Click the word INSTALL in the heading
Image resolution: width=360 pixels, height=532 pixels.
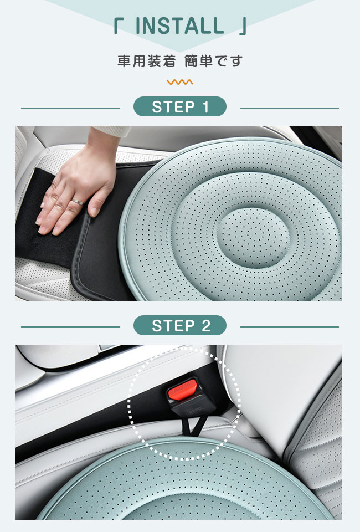(x=179, y=26)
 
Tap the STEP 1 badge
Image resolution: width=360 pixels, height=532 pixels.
(x=179, y=106)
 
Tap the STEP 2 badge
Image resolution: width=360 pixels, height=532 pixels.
(x=179, y=325)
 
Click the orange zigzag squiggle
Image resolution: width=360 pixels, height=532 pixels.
(x=179, y=82)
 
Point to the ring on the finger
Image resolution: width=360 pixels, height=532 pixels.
(x=78, y=202)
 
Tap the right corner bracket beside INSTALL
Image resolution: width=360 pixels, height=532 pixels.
(x=243, y=27)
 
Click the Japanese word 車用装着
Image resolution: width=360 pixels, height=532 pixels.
(x=147, y=61)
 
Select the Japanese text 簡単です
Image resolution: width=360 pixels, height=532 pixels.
(x=213, y=61)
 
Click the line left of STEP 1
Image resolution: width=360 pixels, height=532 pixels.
(x=70, y=108)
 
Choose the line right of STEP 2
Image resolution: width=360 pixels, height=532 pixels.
(x=290, y=327)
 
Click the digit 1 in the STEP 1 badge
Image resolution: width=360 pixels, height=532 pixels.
(x=205, y=107)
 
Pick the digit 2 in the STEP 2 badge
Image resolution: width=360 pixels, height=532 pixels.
(x=206, y=326)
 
